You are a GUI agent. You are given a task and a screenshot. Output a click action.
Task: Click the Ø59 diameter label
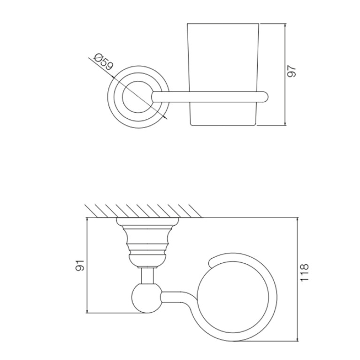click(104, 61)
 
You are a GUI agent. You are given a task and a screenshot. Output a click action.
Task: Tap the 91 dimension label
click(80, 265)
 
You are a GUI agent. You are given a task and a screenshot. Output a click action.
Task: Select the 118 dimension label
click(305, 273)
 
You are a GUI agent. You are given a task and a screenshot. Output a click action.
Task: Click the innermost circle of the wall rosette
click(138, 81)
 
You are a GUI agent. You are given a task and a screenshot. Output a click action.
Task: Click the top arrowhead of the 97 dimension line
click(285, 25)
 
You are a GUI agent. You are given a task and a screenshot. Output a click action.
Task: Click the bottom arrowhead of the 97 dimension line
click(285, 123)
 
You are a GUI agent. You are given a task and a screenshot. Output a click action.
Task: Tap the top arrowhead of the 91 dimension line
click(87, 220)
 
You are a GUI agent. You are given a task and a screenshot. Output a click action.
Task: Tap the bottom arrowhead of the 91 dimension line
click(87, 311)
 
